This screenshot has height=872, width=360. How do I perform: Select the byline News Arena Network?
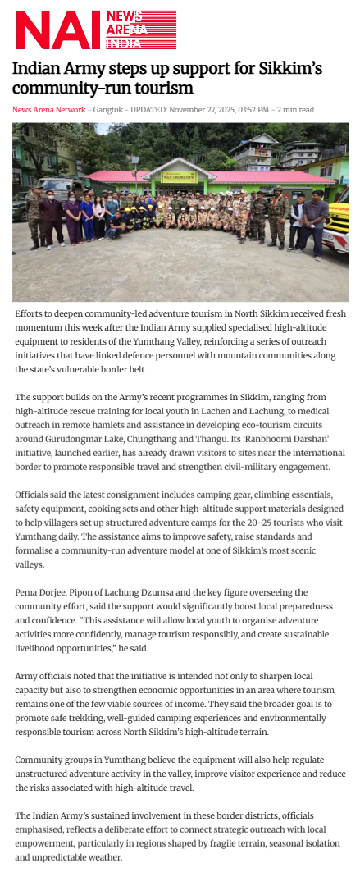[48, 110]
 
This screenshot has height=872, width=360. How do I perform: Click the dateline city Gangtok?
[108, 110]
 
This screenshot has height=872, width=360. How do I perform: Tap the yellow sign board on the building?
[180, 176]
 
